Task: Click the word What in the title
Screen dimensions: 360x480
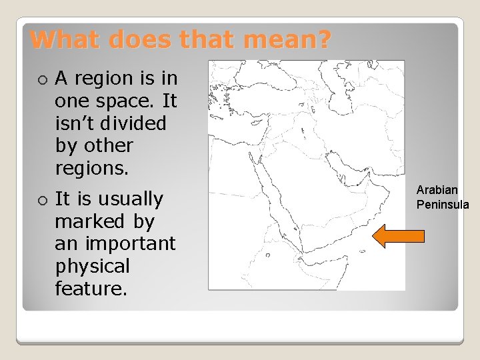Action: (x=61, y=40)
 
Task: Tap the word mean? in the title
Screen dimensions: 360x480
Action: (x=287, y=40)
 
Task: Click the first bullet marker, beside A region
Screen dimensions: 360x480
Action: (x=43, y=79)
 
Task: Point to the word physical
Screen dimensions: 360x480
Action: (x=92, y=267)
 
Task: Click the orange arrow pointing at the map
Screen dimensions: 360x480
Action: (x=397, y=235)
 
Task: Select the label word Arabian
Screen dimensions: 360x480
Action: (x=437, y=191)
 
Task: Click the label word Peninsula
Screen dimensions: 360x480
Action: (x=443, y=204)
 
